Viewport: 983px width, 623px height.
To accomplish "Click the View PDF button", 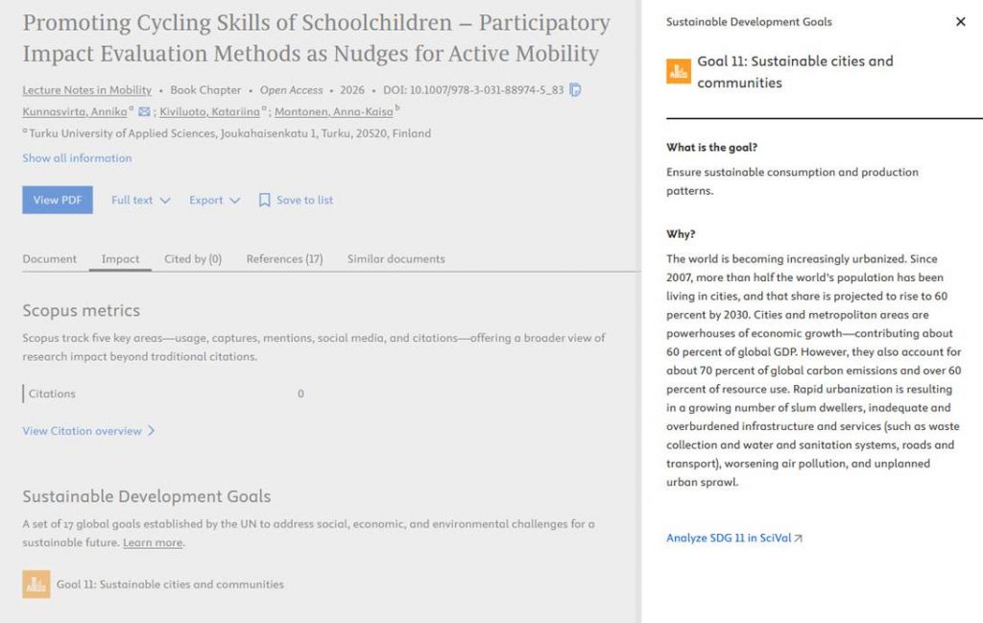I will tap(58, 200).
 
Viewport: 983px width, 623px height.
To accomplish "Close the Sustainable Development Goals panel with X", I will tap(960, 22).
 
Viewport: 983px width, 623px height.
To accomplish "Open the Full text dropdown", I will tap(140, 200).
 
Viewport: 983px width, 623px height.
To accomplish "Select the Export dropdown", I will tap(213, 200).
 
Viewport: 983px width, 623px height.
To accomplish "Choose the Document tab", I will tap(49, 259).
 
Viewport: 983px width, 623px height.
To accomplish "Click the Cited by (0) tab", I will tap(192, 259).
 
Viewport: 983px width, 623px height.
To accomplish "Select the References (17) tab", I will tap(284, 259).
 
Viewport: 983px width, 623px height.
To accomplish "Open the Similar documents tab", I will tap(396, 259).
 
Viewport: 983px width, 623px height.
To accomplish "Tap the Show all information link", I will tap(77, 158).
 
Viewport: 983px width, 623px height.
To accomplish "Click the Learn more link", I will tap(152, 543).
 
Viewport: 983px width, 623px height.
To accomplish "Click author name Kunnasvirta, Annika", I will tap(74, 112).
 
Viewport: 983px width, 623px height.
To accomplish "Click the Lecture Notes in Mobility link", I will tap(86, 90).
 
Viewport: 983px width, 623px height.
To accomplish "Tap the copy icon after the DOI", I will tap(575, 90).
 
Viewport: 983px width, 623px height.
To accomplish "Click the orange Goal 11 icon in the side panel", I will tap(679, 71).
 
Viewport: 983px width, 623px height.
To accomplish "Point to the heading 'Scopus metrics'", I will tap(81, 311).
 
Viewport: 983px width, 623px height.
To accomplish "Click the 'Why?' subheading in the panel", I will tap(681, 234).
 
